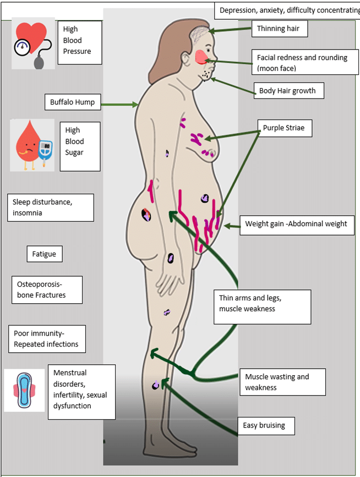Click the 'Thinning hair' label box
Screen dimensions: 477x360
pos(279,29)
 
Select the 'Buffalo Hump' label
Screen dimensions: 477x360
pos(72,102)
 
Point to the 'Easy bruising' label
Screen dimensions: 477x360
pos(268,425)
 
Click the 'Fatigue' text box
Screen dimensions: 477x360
pos(45,254)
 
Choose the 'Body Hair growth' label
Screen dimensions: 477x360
pos(287,90)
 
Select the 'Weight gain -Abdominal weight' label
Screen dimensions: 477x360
pos(296,224)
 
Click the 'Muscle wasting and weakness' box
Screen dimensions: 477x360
pos(282,382)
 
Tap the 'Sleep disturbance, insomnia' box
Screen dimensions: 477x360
pos(50,207)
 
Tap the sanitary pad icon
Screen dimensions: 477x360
pos(24,390)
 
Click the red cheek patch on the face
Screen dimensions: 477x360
pos(201,56)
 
